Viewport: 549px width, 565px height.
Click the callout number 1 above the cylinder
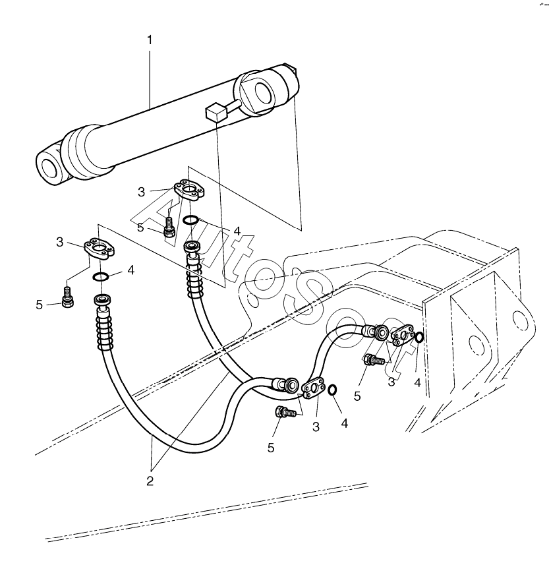(150, 40)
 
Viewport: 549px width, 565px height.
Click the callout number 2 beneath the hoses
(150, 481)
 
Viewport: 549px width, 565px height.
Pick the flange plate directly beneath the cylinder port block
(188, 191)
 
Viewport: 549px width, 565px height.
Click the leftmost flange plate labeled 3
(100, 248)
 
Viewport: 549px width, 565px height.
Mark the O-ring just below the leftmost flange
(101, 276)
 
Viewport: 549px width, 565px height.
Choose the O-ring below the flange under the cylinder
(190, 220)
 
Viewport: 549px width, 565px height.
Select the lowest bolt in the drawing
(283, 413)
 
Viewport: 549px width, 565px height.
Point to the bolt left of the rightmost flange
(374, 360)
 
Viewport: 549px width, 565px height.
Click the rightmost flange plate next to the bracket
(401, 336)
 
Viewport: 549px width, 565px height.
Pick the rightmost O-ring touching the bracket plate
(419, 338)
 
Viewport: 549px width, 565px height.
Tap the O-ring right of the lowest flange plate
(333, 390)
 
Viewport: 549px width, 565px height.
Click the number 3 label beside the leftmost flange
(60, 243)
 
